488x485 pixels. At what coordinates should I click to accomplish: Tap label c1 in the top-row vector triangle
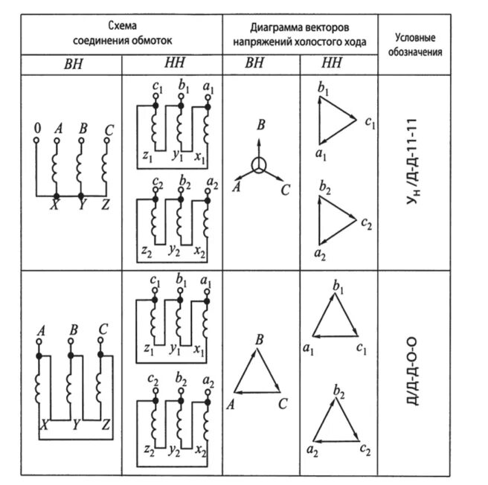click(x=370, y=121)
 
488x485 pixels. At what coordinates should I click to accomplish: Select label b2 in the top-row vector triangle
click(x=324, y=185)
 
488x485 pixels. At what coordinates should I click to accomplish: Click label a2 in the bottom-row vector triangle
click(x=312, y=449)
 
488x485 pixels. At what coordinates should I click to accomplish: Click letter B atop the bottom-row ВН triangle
click(x=260, y=339)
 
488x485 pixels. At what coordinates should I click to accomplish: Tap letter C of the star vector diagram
click(x=284, y=190)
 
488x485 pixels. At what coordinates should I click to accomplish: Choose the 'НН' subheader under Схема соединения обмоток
click(x=172, y=65)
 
